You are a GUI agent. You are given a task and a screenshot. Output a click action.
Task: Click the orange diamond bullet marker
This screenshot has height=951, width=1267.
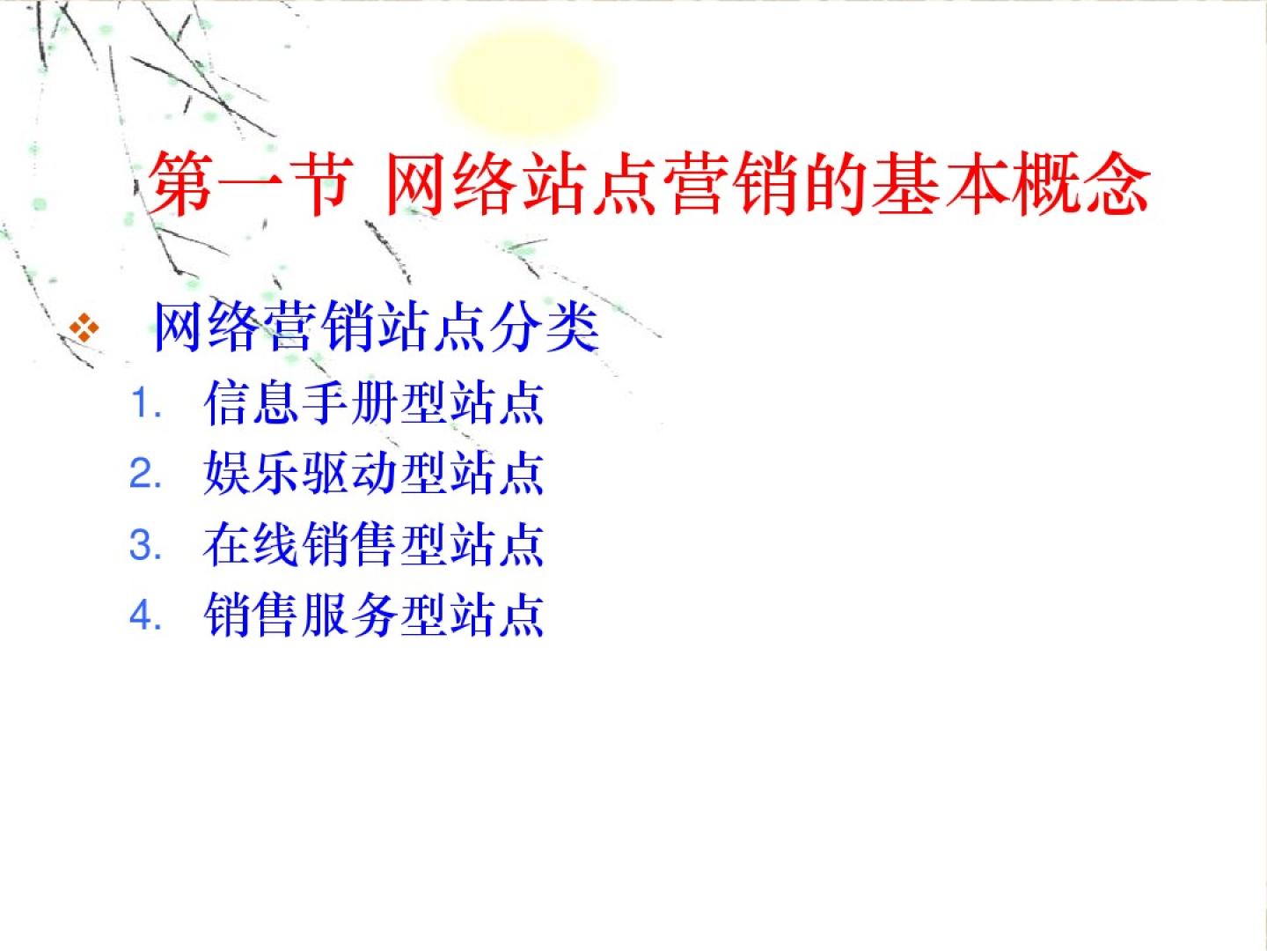[84, 328]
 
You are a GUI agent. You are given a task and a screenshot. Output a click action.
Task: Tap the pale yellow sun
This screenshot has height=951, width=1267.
[526, 81]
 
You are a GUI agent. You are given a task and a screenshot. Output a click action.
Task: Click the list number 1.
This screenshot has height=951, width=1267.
[144, 402]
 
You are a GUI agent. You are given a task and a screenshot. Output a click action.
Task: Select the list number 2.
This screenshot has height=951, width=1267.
[144, 474]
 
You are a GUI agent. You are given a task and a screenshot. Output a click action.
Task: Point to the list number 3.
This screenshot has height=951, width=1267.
[144, 544]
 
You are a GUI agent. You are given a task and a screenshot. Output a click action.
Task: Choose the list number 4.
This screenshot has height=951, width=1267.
[144, 616]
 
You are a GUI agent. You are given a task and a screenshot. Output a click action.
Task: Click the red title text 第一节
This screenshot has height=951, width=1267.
[249, 184]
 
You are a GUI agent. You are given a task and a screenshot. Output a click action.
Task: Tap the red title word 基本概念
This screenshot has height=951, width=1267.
[1010, 184]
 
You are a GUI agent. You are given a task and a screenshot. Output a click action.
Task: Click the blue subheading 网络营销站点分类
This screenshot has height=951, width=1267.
[377, 326]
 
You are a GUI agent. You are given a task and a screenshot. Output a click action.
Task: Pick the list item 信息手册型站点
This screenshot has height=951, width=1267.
[374, 402]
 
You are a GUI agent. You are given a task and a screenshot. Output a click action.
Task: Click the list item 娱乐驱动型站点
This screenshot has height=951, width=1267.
[374, 474]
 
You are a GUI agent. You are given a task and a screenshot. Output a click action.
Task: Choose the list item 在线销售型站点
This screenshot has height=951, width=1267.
[374, 544]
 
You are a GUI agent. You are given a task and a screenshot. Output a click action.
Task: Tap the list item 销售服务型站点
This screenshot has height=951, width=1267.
[374, 616]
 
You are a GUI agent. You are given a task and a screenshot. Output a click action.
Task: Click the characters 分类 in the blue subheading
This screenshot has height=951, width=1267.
[545, 326]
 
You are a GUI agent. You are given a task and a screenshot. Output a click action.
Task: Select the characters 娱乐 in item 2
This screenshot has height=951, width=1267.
[252, 474]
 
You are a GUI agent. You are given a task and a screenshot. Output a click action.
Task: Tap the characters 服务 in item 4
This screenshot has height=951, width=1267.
[349, 616]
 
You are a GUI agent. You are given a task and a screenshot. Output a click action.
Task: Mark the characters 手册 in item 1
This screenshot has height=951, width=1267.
[349, 402]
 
